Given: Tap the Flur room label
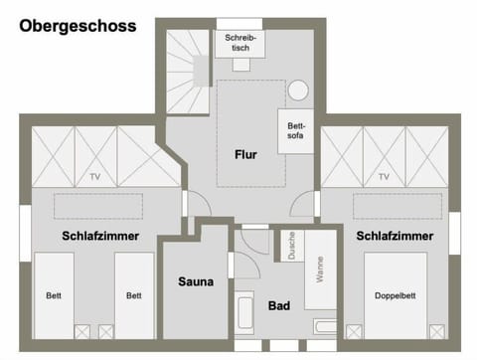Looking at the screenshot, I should click(x=245, y=154).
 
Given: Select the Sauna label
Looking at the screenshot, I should click(x=196, y=281).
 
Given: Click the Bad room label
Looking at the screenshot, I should click(x=279, y=305).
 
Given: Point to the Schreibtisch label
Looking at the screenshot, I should click(x=239, y=42).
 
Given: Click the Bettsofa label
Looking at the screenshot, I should click(x=295, y=132).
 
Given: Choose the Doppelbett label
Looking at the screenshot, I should click(x=395, y=295).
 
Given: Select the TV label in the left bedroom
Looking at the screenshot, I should click(x=95, y=177).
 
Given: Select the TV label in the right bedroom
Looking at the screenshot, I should click(x=384, y=177).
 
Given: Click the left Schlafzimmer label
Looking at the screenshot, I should click(x=99, y=236).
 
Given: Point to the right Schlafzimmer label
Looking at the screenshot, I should click(x=394, y=236).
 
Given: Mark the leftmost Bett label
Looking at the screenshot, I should click(x=53, y=295).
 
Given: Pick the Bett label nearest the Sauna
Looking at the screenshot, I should click(x=133, y=295).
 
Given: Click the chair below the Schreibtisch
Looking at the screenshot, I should click(x=240, y=64).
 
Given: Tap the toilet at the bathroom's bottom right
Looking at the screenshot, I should click(x=323, y=326).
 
